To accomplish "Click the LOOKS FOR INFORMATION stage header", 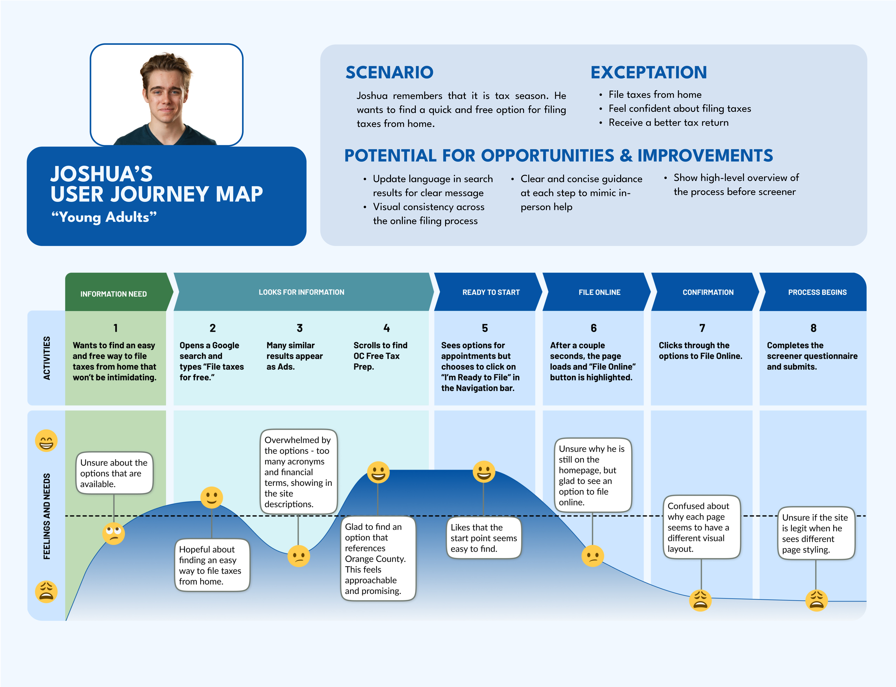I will pos(301,292).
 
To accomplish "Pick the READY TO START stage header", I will pos(491,292).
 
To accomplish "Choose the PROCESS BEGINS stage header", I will pos(817,292).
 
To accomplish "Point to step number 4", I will pos(386,328).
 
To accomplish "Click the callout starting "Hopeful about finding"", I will pos(212,565).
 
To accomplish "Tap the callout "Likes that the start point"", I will pos(484,538).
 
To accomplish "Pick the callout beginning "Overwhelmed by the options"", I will pos(299,472).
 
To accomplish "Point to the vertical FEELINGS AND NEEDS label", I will pos(47,516).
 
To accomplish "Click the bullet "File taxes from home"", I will pos(655,94).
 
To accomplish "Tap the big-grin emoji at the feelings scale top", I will pos(46,440).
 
